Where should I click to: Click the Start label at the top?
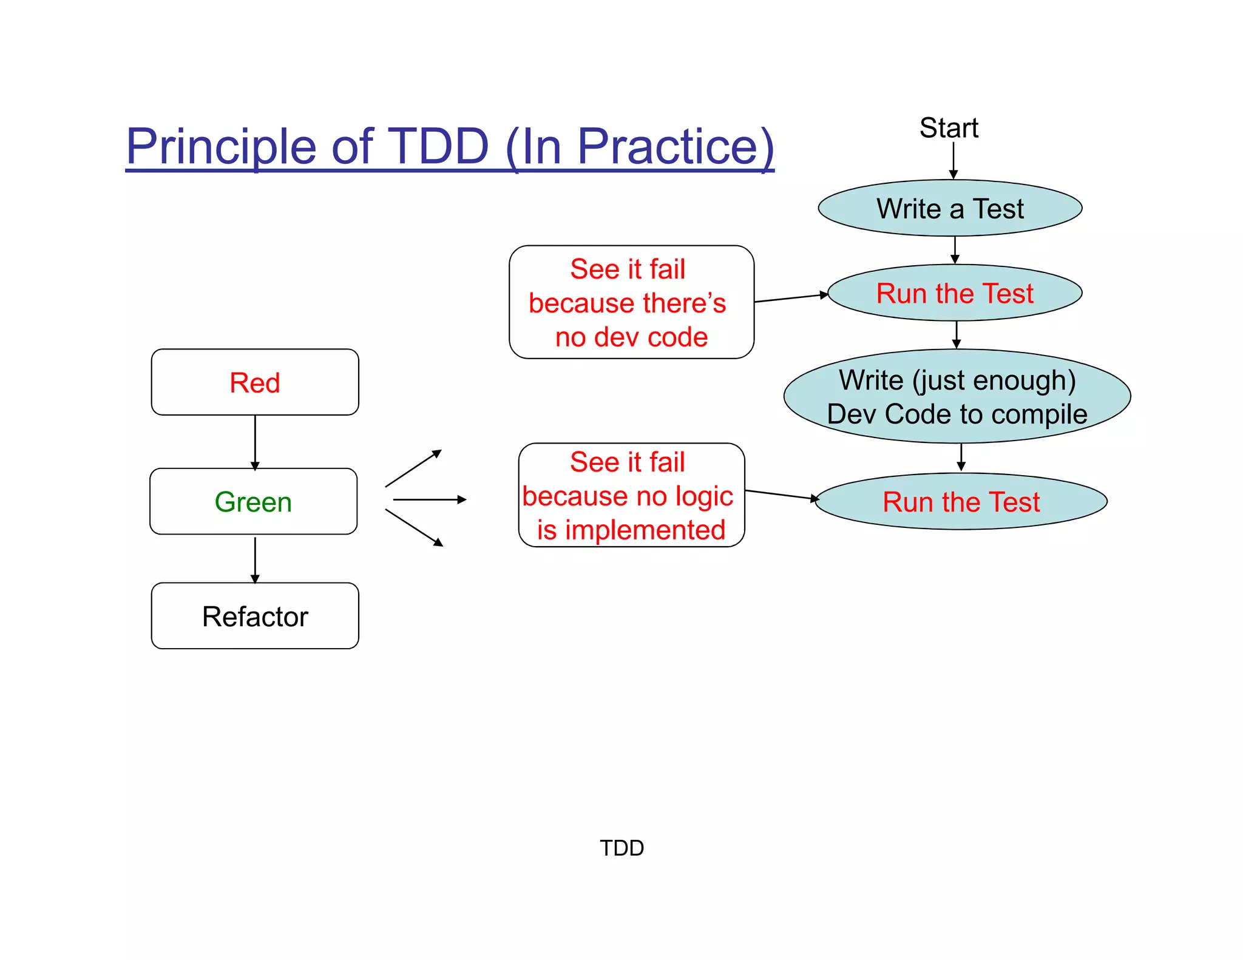949,128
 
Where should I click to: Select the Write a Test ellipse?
950,208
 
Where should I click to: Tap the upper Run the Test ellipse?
955,293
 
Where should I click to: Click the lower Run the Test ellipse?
961,502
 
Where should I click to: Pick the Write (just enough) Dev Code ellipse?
957,397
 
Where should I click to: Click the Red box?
255,382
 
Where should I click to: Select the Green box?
254,502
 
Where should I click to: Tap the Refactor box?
255,617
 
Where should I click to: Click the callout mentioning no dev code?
631,302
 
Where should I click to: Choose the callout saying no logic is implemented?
631,495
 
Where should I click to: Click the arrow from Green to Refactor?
255,559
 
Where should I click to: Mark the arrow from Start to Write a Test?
953,160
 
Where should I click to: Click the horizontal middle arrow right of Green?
429,499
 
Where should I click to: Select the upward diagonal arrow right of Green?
413,468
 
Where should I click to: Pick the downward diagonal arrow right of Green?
413,528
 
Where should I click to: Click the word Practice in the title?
675,147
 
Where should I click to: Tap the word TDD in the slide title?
438,147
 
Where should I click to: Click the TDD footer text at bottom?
621,848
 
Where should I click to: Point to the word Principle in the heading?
221,147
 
